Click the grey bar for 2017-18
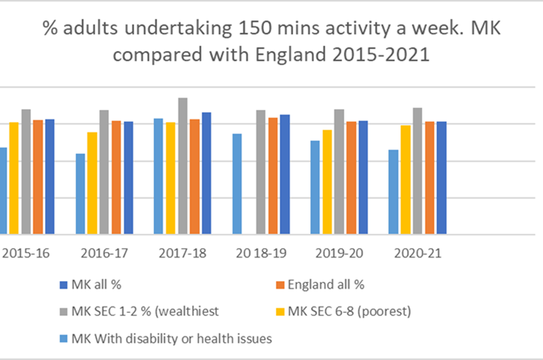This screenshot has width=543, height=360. coord(183,166)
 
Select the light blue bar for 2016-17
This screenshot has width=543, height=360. coord(81,194)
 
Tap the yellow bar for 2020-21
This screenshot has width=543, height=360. coord(405,180)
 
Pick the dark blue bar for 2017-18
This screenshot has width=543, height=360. coord(206,173)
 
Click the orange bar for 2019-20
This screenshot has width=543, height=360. coord(351,178)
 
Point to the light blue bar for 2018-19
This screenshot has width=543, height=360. coord(237,184)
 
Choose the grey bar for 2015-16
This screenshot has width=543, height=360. coord(26,172)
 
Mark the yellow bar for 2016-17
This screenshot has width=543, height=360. coord(92,183)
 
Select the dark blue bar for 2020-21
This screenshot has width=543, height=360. coord(442,178)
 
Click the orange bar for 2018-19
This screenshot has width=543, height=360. coord(273,176)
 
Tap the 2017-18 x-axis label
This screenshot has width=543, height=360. coord(179,253)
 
